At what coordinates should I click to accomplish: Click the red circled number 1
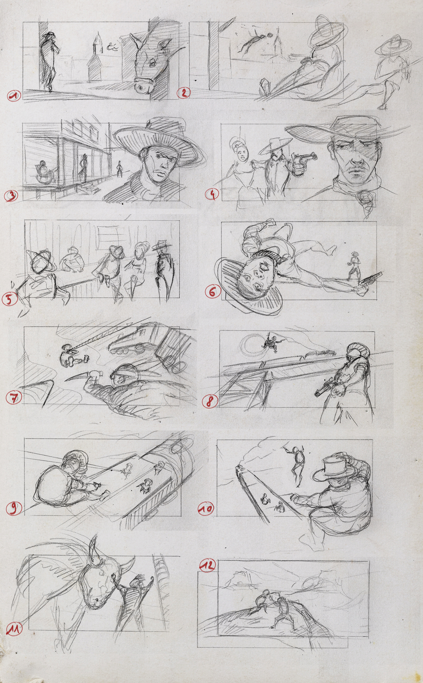(x=14, y=96)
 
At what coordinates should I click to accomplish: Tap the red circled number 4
(x=213, y=194)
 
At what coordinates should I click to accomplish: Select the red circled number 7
(x=14, y=398)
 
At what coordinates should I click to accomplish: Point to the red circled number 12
(x=208, y=566)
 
